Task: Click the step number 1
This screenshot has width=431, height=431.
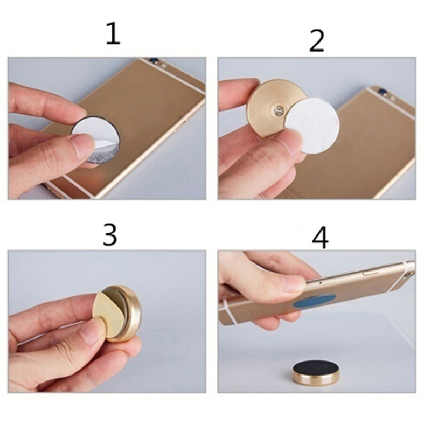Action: point(114,33)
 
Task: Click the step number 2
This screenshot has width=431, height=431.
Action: point(317,41)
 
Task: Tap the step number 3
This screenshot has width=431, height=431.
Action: point(110,234)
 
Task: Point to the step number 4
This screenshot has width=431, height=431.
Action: point(320,238)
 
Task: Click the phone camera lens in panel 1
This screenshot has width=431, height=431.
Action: point(152,59)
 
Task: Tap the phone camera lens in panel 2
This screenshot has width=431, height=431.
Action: point(381,90)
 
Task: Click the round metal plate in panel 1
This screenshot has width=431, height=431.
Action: point(95,140)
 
